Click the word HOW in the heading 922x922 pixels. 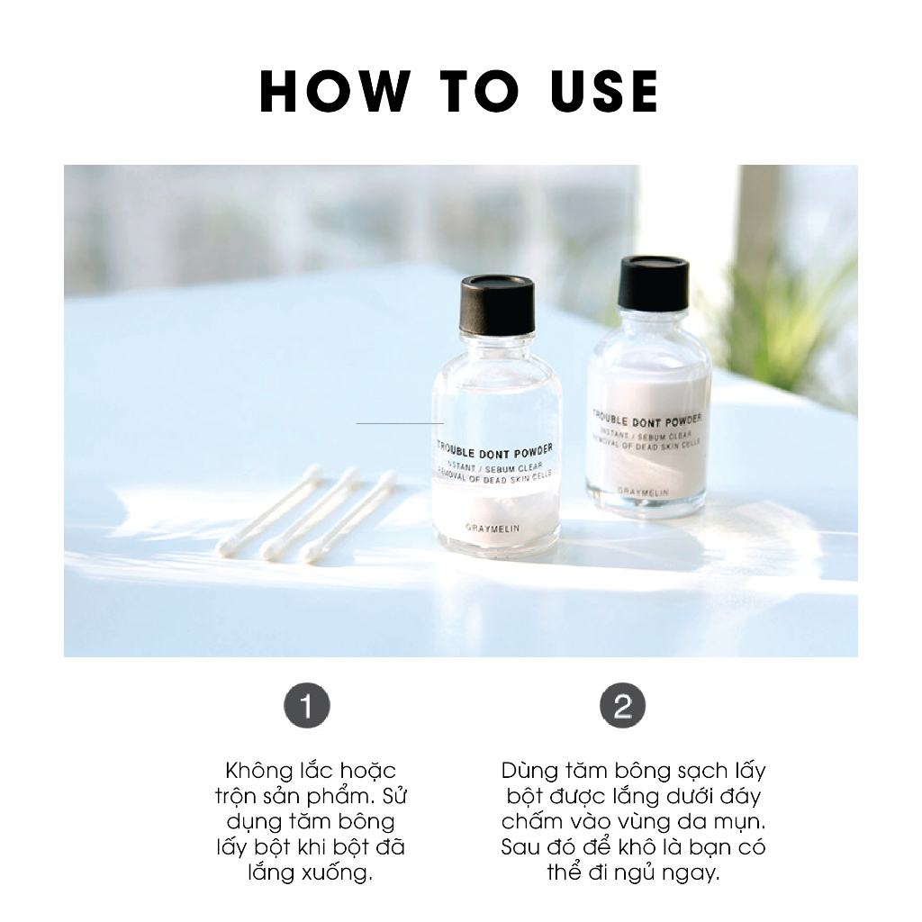tap(335, 91)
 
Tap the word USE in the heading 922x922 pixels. tap(604, 91)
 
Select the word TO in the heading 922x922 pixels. tap(480, 91)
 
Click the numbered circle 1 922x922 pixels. tap(307, 705)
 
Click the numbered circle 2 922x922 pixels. tap(623, 705)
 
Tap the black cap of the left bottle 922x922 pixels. tap(497, 304)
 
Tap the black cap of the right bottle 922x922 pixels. tap(654, 284)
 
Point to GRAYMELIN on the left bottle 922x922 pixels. tap(493, 528)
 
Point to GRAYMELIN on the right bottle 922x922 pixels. tap(643, 492)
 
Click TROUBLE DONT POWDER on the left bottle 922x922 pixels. tap(494, 451)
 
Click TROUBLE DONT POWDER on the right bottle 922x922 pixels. tap(647, 420)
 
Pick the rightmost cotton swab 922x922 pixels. tap(348, 516)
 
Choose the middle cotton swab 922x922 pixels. tap(310, 513)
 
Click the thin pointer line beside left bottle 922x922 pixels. tap(400, 423)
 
